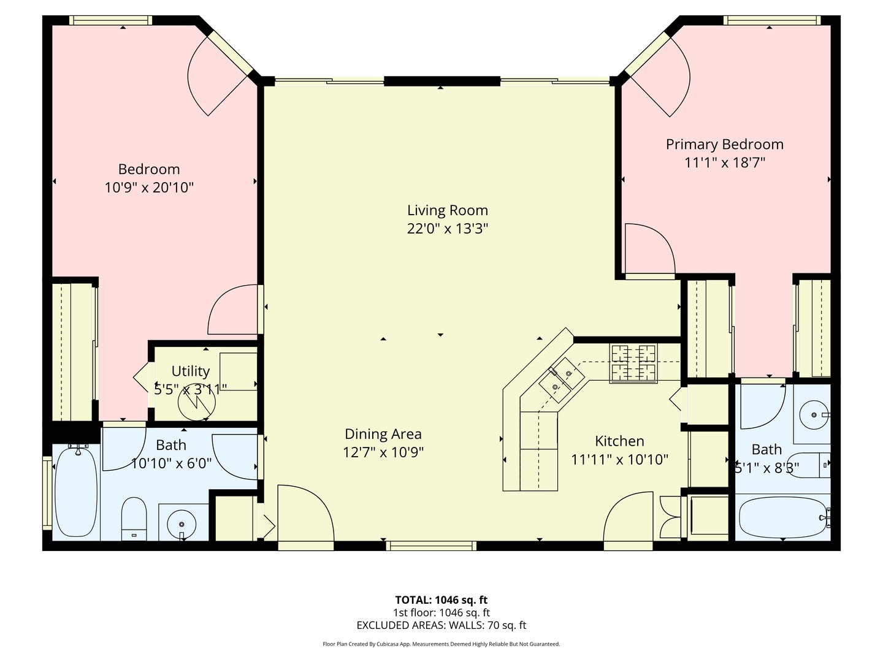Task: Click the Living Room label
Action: (x=447, y=210)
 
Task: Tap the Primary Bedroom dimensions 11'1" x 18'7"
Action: (x=725, y=162)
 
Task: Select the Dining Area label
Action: (x=383, y=434)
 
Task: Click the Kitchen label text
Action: (x=619, y=441)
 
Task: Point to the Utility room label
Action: (x=190, y=371)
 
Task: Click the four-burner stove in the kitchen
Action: (x=633, y=363)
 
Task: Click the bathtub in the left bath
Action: (x=77, y=492)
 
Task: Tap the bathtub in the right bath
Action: (x=782, y=517)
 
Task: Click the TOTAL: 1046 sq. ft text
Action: (x=441, y=600)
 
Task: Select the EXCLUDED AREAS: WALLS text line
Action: (x=441, y=625)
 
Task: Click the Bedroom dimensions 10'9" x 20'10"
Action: (x=149, y=188)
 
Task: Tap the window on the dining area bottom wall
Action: (x=431, y=545)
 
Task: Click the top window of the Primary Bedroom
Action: (x=771, y=21)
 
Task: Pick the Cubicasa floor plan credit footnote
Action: (x=441, y=644)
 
